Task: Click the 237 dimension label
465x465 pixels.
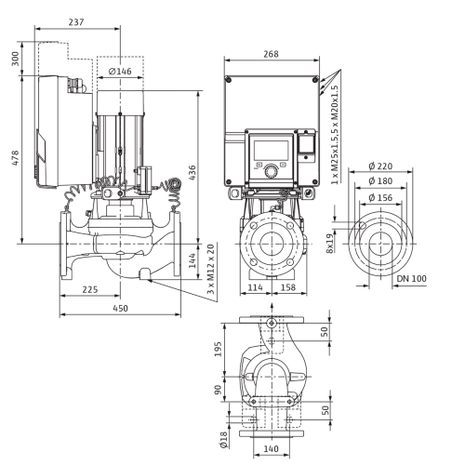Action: pos(76,22)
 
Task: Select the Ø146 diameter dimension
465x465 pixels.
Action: pos(120,72)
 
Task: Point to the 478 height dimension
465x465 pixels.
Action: pos(15,158)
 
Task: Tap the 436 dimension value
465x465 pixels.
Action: pos(193,173)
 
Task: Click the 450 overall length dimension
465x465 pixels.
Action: pos(120,309)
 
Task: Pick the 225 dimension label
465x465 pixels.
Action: pos(90,289)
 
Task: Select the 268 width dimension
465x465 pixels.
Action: pos(271,54)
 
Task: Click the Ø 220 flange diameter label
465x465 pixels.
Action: pos(380,166)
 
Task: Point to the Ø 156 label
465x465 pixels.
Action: pos(380,197)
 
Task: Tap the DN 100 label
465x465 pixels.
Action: pos(412,279)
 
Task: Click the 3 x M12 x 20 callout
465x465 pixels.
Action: pos(211,269)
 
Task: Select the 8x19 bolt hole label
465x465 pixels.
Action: pos(330,243)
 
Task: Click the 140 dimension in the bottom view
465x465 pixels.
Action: pos(271,448)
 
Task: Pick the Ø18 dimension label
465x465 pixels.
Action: pos(224,438)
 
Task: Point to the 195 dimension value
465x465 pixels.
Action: pos(219,349)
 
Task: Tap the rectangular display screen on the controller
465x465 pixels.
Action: pos(272,151)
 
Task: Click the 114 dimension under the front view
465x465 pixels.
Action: pos(255,287)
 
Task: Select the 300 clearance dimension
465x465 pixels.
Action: pos(15,59)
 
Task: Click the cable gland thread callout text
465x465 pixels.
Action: pos(335,135)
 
